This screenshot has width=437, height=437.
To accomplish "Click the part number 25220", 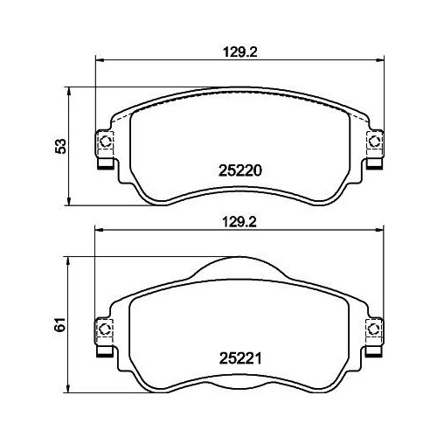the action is [240, 170].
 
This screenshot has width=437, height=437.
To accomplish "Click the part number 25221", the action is [240, 358].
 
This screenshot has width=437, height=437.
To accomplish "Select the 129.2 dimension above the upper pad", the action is [240, 52].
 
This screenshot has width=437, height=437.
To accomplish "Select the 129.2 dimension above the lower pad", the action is [239, 222].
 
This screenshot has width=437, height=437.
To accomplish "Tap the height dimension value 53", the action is [61, 146].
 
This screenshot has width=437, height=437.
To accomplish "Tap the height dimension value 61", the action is [61, 324].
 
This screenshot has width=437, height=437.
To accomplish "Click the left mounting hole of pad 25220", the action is [105, 142].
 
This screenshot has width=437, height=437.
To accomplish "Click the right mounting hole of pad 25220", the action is [374, 142].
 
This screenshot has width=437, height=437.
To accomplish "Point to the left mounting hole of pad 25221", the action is [105, 329].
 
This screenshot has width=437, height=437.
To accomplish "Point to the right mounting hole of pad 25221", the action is [374, 329].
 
